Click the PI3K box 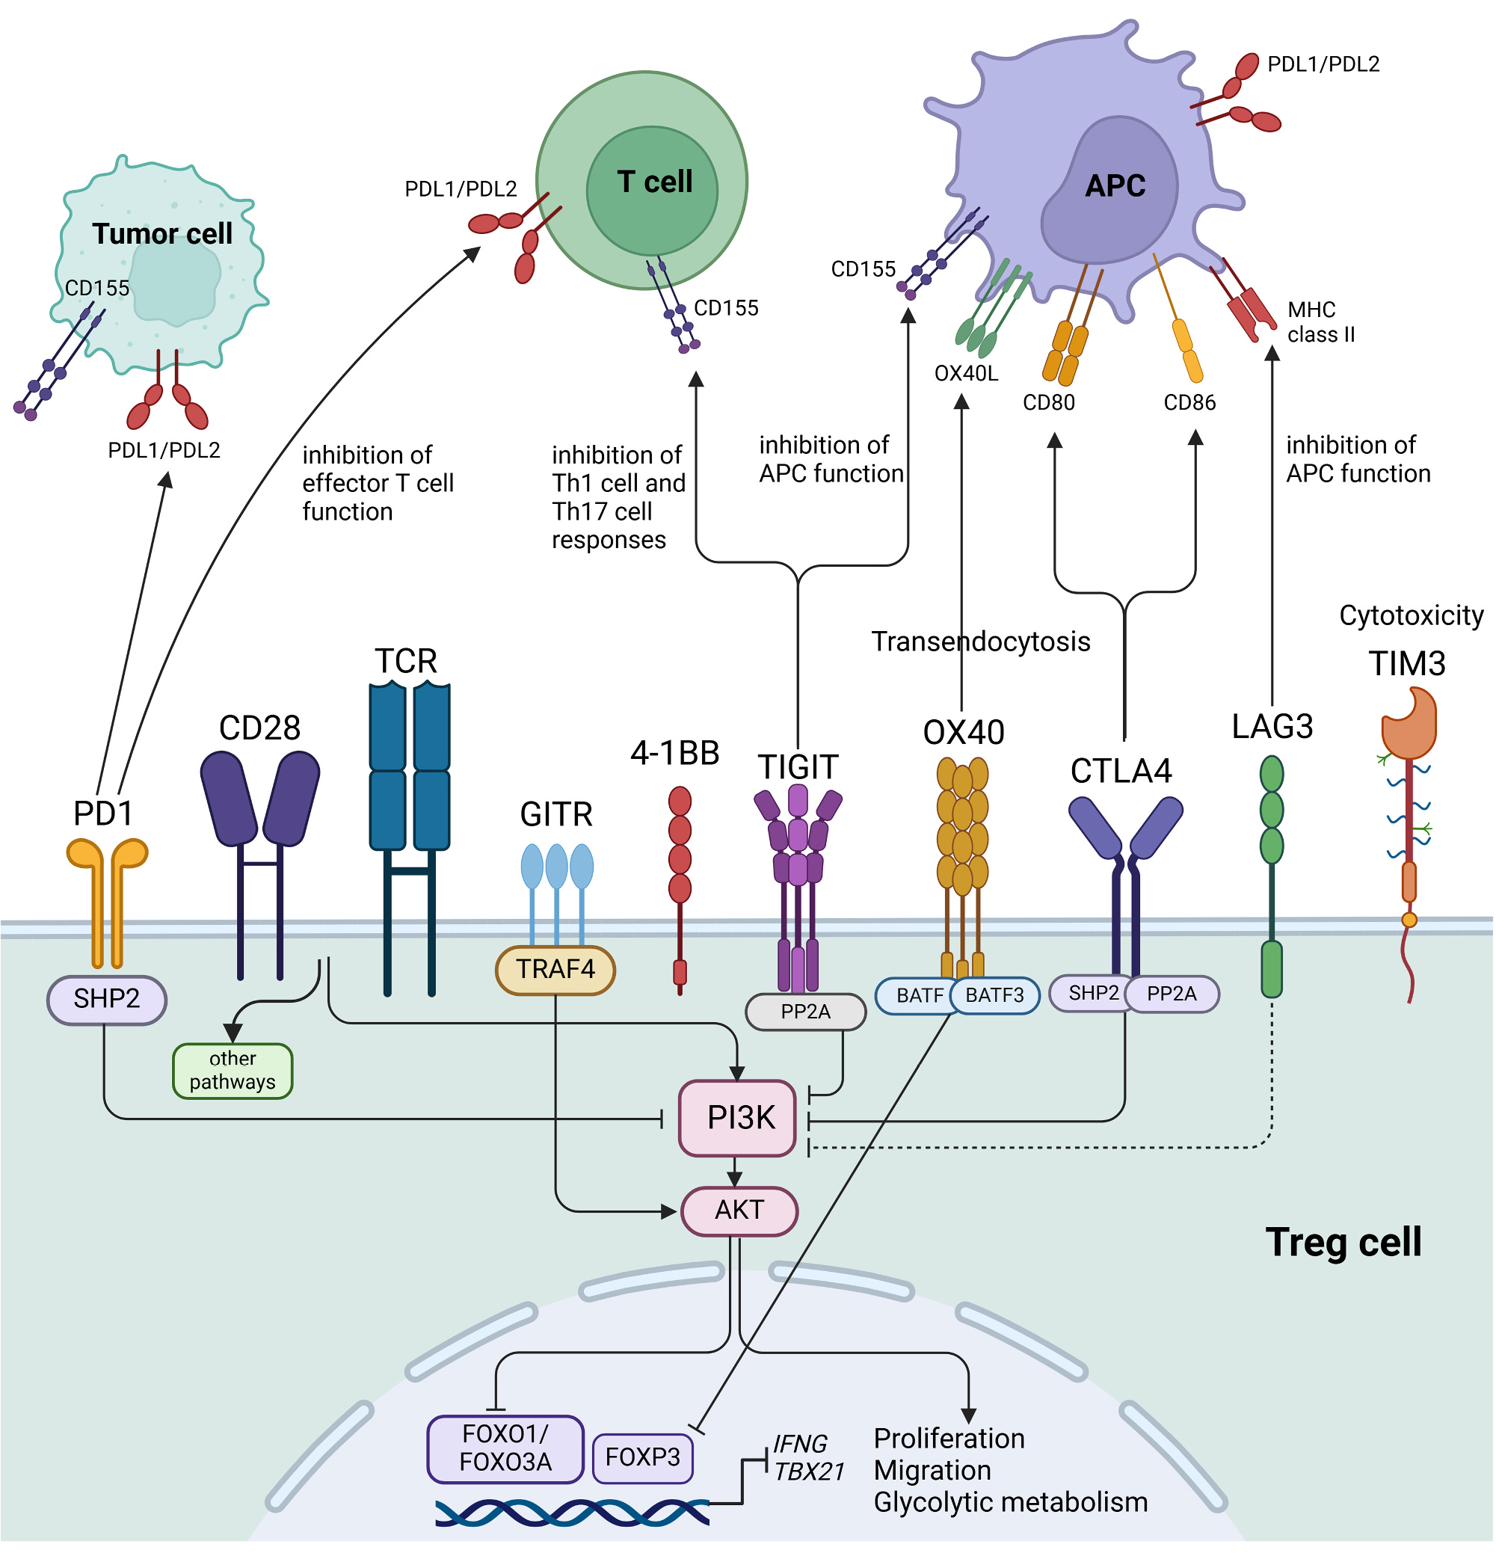[737, 1117]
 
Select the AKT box [739, 1210]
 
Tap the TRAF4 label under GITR [555, 969]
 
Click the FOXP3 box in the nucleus [643, 1457]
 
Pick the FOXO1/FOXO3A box [505, 1448]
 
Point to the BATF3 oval [994, 995]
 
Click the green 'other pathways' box [233, 1070]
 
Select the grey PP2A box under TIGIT [805, 1012]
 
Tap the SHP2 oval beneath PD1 [106, 998]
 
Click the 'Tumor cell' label [161, 234]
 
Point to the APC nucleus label [1115, 186]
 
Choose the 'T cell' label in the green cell [654, 182]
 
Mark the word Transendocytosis [980, 641]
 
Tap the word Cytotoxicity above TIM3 [1411, 615]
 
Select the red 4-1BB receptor [680, 848]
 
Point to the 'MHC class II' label [1320, 322]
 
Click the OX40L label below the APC [966, 373]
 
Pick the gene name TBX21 [809, 1471]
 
